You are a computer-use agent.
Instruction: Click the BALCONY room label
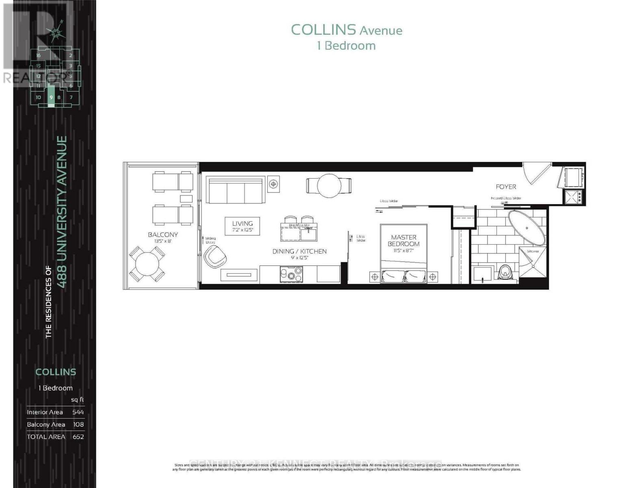point(163,235)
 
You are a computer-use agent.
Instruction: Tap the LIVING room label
point(243,223)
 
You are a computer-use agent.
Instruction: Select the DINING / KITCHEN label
point(299,251)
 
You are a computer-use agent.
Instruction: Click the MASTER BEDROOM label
point(403,240)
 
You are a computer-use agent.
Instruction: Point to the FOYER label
point(506,187)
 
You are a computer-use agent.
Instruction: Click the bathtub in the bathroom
point(526,228)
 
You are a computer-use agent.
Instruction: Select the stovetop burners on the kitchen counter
point(291,274)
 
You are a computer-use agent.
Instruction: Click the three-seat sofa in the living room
point(236,190)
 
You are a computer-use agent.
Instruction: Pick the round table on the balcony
point(147,264)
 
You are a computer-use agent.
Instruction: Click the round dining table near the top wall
point(329,186)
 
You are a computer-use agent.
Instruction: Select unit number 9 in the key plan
point(51,98)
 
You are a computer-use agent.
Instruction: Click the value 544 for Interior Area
point(78,412)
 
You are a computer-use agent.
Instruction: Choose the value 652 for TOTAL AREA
point(78,436)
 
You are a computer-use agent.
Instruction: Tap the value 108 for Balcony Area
point(78,424)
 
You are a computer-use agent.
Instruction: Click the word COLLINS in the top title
point(323,30)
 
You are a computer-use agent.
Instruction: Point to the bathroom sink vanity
point(483,274)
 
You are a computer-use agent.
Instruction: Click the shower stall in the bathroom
point(533,262)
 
